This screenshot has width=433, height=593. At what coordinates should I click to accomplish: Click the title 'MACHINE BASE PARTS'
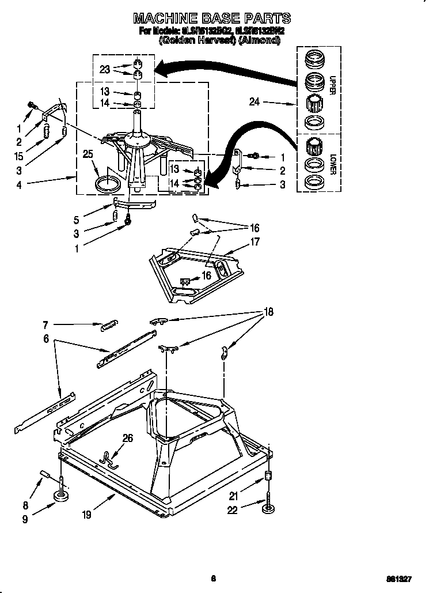212,18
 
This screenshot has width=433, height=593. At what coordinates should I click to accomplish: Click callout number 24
254,102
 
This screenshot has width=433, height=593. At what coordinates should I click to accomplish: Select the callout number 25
88,154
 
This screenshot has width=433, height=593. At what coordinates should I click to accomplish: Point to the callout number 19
86,515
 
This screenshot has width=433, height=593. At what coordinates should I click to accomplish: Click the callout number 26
127,439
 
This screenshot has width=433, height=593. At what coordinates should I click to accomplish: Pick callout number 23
104,69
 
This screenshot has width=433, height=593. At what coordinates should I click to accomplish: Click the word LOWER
333,164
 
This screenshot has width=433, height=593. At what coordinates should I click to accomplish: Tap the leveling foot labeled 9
62,494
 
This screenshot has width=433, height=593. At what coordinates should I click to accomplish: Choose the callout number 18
268,312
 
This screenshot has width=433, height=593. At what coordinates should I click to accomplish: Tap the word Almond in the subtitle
263,41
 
